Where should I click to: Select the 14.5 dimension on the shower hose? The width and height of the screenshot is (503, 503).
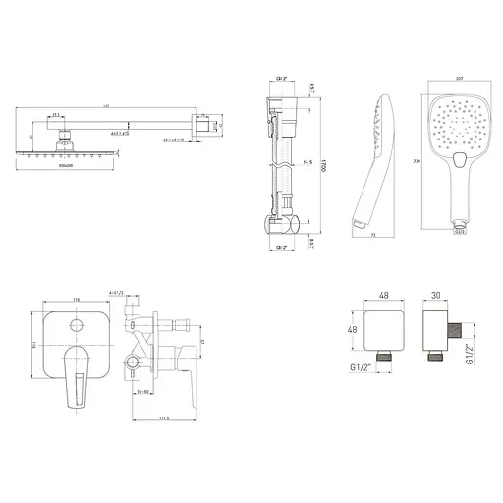click(307, 161)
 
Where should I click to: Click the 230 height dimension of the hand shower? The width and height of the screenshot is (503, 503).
click(419, 161)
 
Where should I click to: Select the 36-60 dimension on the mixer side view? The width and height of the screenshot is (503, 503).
click(144, 390)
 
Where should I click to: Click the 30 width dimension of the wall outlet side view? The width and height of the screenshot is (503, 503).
click(438, 293)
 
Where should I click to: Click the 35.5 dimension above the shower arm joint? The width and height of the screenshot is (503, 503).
click(58, 115)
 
